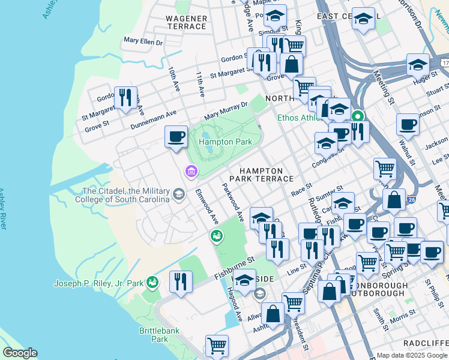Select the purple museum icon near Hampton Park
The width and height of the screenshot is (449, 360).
191,172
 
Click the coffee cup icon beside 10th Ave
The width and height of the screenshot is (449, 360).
176,136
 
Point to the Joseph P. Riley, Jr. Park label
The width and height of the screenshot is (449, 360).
99,283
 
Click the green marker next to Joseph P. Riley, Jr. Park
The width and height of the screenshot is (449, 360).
153,282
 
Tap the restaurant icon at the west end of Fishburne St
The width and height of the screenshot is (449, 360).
180,281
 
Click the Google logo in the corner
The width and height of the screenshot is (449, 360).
20,353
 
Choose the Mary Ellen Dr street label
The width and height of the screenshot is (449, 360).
143,42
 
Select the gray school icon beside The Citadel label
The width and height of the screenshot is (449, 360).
179,194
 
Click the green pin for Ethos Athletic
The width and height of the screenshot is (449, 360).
358,116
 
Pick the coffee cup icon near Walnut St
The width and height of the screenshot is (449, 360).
408,125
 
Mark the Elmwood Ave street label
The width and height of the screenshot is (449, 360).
206,208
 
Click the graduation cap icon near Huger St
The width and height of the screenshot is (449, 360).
418,64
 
